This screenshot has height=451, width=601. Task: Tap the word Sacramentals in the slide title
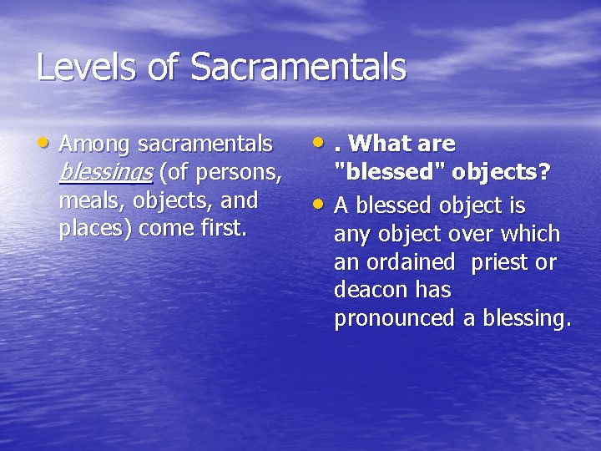tap(298, 68)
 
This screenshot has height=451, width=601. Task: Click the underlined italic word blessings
tap(105, 173)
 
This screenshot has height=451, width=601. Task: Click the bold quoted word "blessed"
tap(390, 172)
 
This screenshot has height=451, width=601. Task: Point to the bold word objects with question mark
tap(501, 172)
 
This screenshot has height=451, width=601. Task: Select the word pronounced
tap(394, 319)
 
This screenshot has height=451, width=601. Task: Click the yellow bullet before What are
tap(321, 143)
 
